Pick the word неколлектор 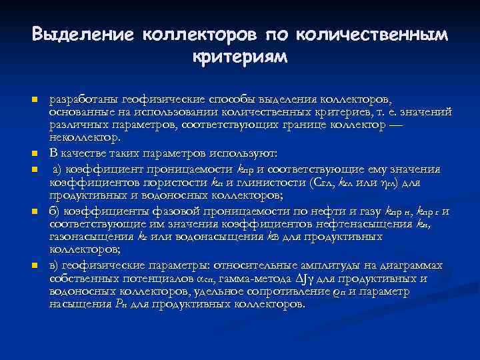pos(85,139)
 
